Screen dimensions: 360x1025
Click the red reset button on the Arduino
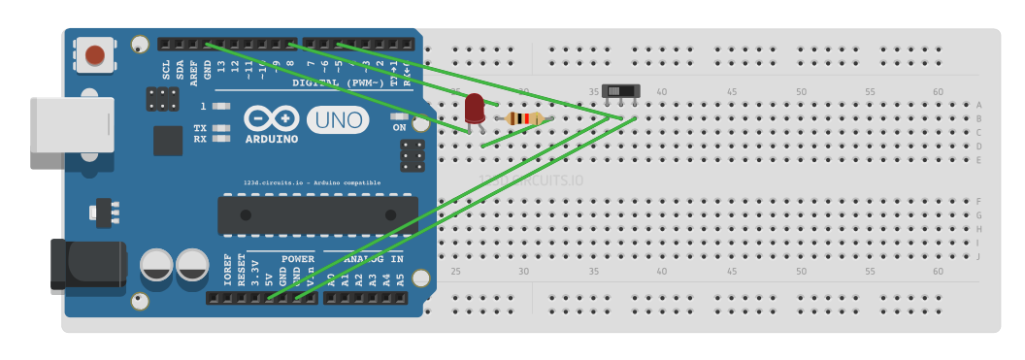(95, 54)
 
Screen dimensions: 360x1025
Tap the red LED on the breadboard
(474, 108)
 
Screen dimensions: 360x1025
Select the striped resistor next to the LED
(524, 118)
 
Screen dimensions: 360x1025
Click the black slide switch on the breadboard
(621, 91)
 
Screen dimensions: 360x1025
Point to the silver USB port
(59, 132)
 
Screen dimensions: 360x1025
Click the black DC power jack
(86, 263)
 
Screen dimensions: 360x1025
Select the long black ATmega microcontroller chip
(317, 214)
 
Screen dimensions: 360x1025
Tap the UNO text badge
(338, 120)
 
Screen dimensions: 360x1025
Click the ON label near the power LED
(399, 127)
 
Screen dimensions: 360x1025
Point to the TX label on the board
(200, 127)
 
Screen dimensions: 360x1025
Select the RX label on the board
(200, 139)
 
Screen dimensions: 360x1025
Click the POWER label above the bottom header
(298, 259)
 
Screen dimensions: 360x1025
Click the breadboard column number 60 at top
(938, 92)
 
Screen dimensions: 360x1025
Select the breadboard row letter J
(978, 256)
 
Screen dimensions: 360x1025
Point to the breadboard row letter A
(978, 105)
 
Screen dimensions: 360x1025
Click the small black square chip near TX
(168, 141)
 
